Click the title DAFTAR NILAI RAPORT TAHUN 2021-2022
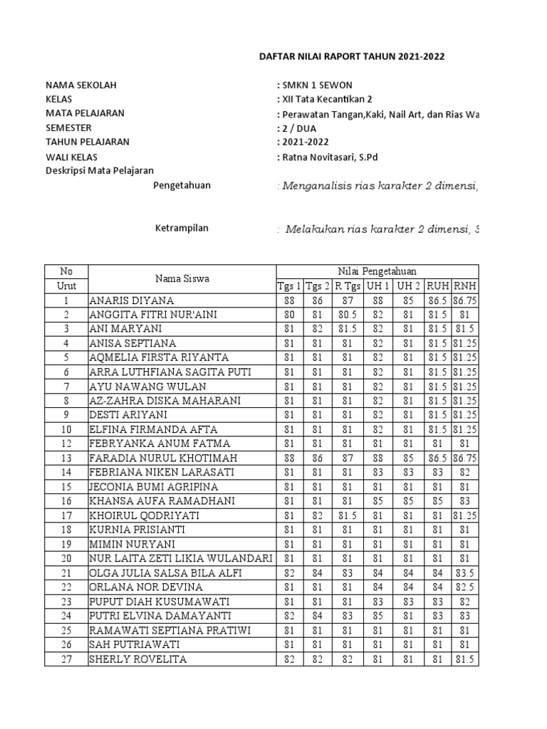coord(350,57)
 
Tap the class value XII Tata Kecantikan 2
coord(328,99)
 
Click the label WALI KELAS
coord(72,157)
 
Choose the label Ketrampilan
coord(182,229)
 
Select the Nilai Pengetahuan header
coord(377,271)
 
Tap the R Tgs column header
coord(348,285)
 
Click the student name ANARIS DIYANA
coord(132,300)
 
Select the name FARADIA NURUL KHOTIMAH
coord(163,458)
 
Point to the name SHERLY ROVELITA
coord(137,659)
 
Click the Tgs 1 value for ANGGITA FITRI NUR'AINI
coord(288,315)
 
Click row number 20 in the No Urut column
coord(66,559)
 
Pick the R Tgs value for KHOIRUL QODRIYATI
coord(348,515)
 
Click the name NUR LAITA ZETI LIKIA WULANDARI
coord(181,559)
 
